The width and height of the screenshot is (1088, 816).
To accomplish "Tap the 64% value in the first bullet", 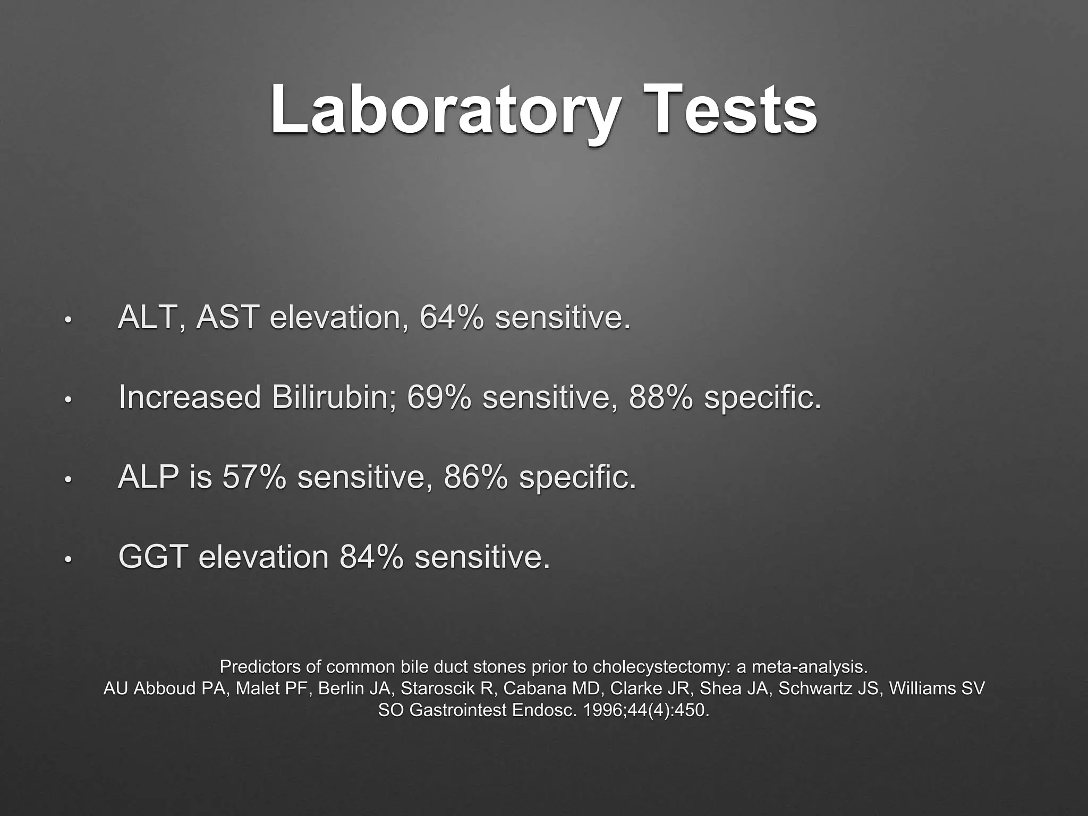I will [x=452, y=318].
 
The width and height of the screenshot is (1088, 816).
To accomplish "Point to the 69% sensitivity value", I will [x=439, y=397].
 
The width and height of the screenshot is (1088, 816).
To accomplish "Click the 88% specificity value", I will [x=661, y=397].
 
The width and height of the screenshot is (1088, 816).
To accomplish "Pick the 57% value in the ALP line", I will [x=254, y=477].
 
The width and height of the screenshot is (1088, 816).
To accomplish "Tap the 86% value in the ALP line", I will [x=475, y=477].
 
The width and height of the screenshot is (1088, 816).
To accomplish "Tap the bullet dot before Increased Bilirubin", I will [x=67, y=400].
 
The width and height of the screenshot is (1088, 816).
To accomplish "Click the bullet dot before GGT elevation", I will [x=67, y=559].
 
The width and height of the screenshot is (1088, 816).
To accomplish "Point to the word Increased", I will [x=190, y=397].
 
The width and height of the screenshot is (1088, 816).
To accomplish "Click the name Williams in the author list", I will [x=923, y=688].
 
